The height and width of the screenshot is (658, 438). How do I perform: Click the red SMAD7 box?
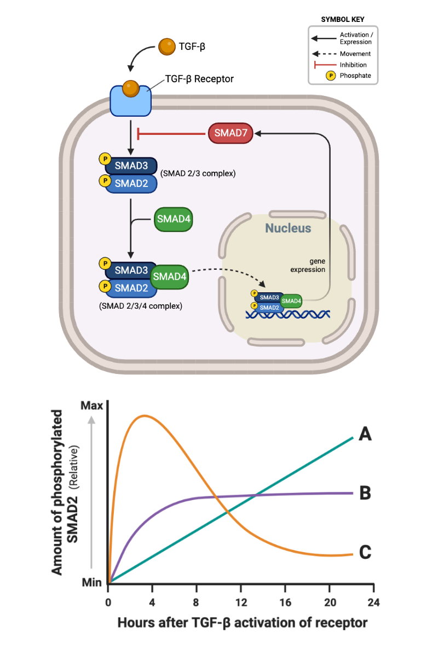tap(230, 133)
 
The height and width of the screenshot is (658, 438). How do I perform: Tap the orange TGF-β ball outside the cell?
tap(166, 47)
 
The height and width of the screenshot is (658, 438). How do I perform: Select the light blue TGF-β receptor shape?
tap(131, 100)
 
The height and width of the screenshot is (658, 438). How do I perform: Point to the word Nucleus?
tap(288, 228)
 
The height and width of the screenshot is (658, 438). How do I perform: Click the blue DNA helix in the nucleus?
tap(288, 314)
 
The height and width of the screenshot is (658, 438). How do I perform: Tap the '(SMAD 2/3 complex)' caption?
tap(198, 173)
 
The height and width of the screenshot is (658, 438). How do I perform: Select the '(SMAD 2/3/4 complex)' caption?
tap(140, 305)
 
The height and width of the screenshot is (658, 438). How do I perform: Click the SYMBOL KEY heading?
tap(343, 19)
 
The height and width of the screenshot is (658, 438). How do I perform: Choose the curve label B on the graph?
tap(365, 493)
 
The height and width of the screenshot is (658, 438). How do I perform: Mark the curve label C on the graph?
tap(365, 552)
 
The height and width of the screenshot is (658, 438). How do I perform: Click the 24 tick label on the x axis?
tap(373, 602)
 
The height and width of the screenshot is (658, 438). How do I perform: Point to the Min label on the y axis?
tap(93, 583)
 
